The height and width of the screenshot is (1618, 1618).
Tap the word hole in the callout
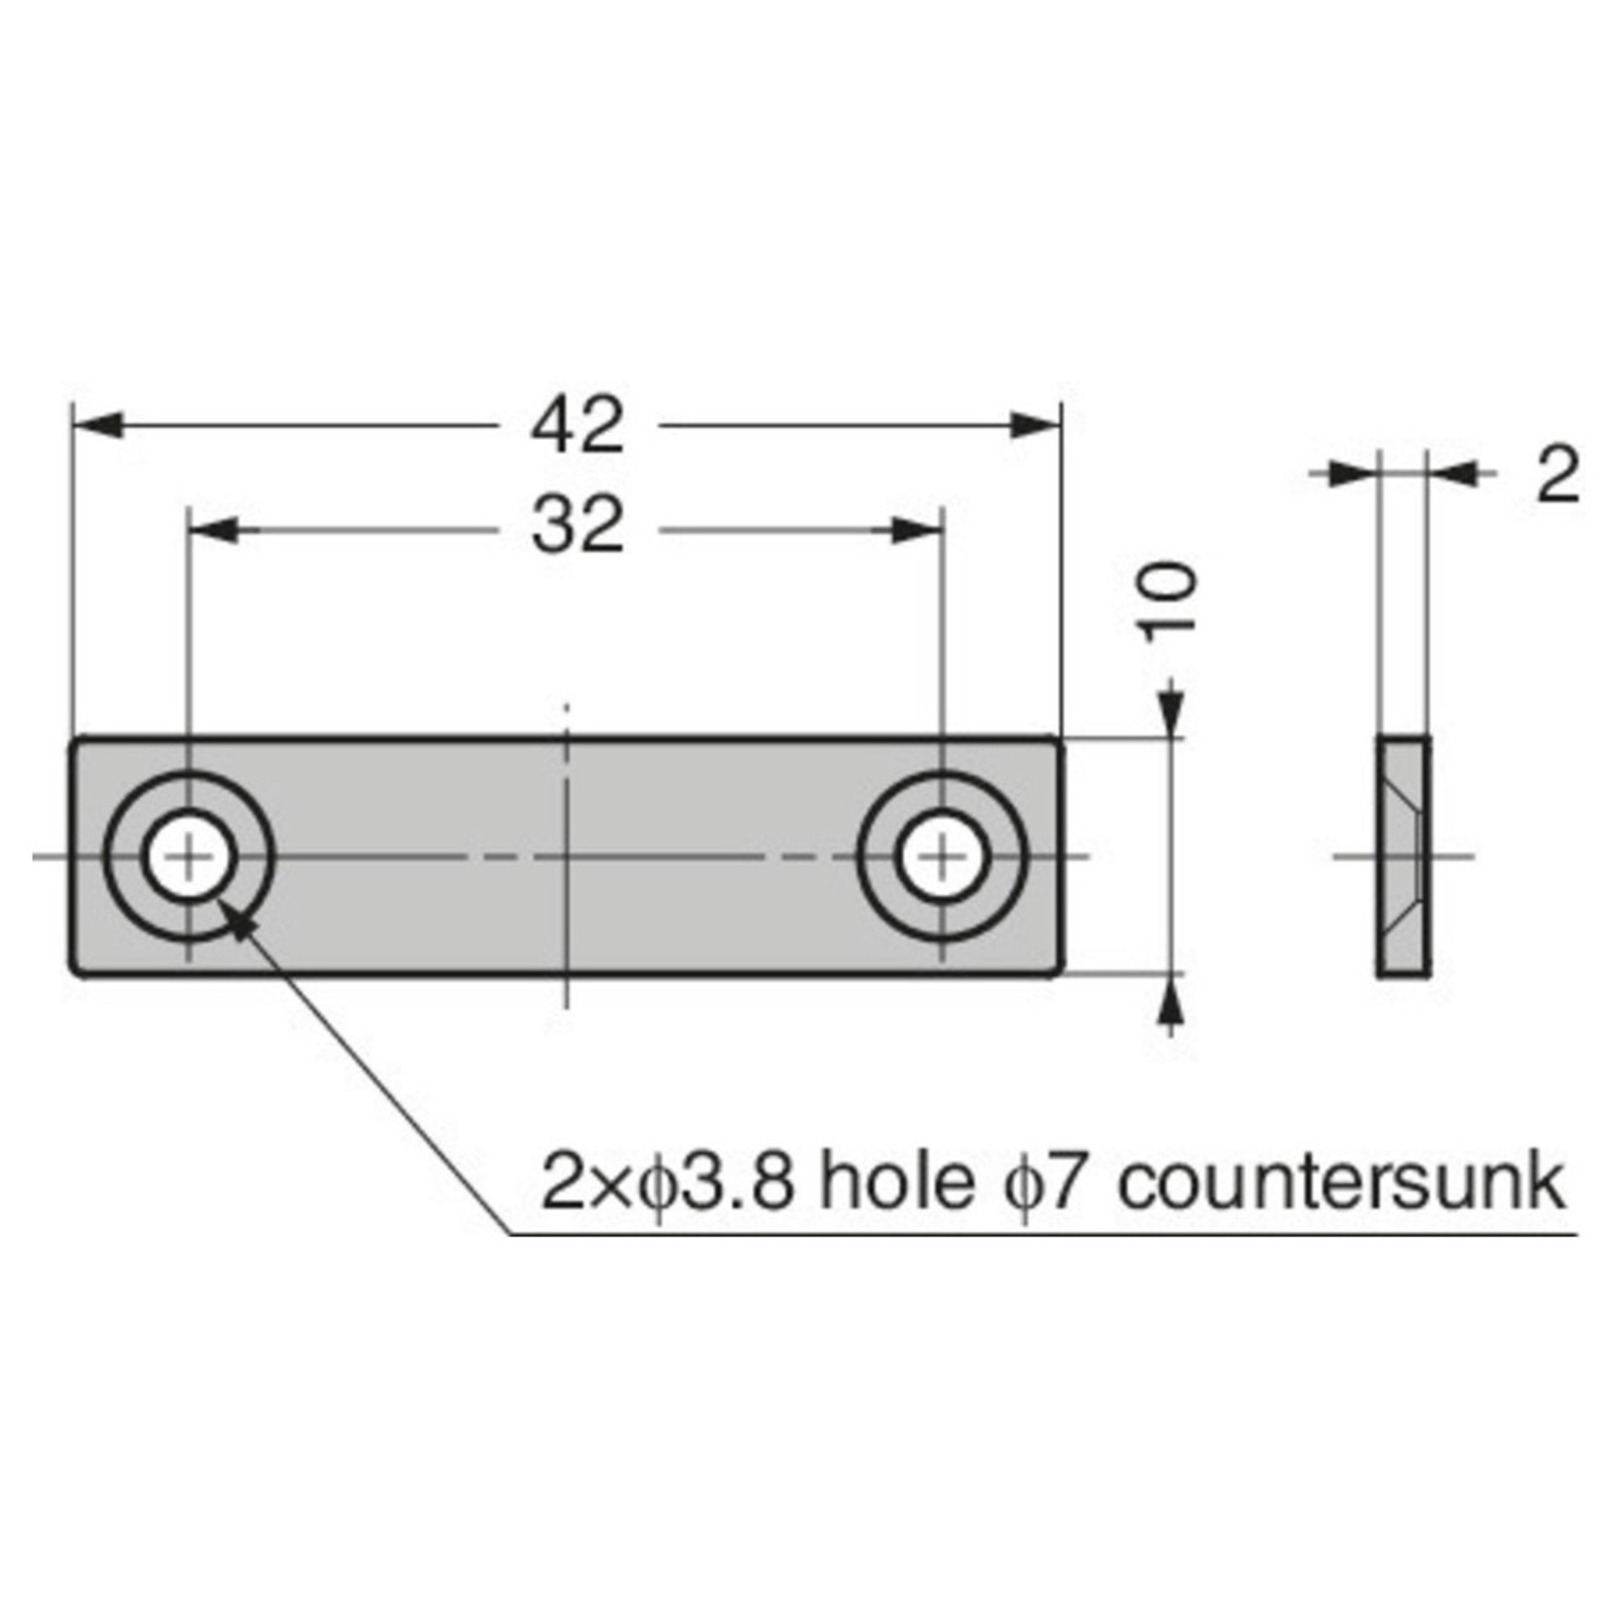[895, 1184]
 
